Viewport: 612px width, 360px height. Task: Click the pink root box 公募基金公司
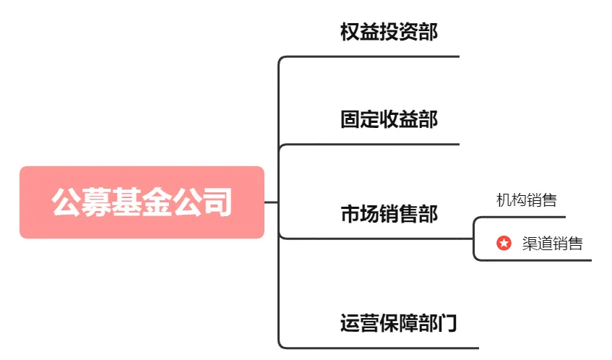(142, 202)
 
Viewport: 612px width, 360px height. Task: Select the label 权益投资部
(389, 32)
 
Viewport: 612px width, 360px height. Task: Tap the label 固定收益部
(389, 119)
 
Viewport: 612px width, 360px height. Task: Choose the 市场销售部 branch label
(389, 213)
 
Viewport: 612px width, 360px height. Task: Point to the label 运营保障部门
(398, 323)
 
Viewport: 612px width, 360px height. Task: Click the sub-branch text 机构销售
(527, 200)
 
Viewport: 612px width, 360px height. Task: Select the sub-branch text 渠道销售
(552, 244)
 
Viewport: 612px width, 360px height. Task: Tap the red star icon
(504, 243)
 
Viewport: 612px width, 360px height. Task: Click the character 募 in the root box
(97, 202)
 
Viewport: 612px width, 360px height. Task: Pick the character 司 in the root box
(217, 202)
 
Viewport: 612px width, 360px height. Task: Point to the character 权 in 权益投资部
(350, 32)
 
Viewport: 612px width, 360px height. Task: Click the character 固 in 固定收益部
(350, 119)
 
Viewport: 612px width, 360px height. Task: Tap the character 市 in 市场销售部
(350, 213)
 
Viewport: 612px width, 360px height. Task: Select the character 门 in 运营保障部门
(447, 323)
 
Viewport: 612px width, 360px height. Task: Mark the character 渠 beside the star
(530, 244)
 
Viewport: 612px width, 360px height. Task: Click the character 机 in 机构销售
(504, 200)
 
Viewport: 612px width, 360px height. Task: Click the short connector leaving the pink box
(271, 202)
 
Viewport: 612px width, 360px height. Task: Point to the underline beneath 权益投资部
(369, 57)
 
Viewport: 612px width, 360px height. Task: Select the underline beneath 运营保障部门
(379, 348)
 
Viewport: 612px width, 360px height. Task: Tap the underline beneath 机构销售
(520, 217)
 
